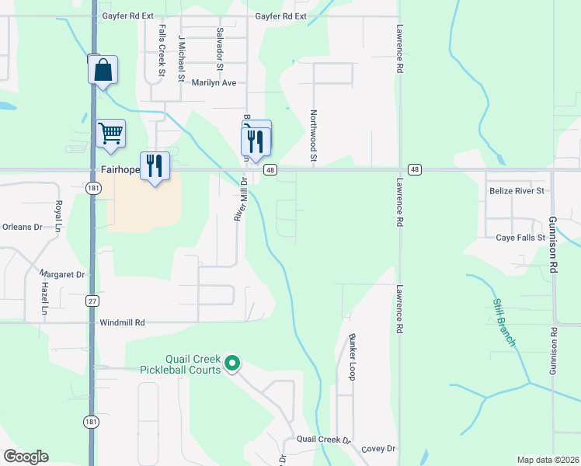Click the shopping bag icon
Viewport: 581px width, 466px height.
click(103, 71)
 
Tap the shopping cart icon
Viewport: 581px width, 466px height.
click(110, 133)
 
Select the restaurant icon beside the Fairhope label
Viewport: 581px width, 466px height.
click(155, 166)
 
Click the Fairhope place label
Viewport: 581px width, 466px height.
click(120, 169)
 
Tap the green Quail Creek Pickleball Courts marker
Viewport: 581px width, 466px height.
click(231, 363)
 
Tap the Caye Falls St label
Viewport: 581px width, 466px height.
click(520, 238)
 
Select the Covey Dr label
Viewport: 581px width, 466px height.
click(378, 449)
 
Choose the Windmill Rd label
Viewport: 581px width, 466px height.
click(123, 322)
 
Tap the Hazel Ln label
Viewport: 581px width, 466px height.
click(44, 298)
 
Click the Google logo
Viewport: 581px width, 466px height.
click(26, 457)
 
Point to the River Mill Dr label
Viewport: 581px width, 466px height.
click(242, 199)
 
